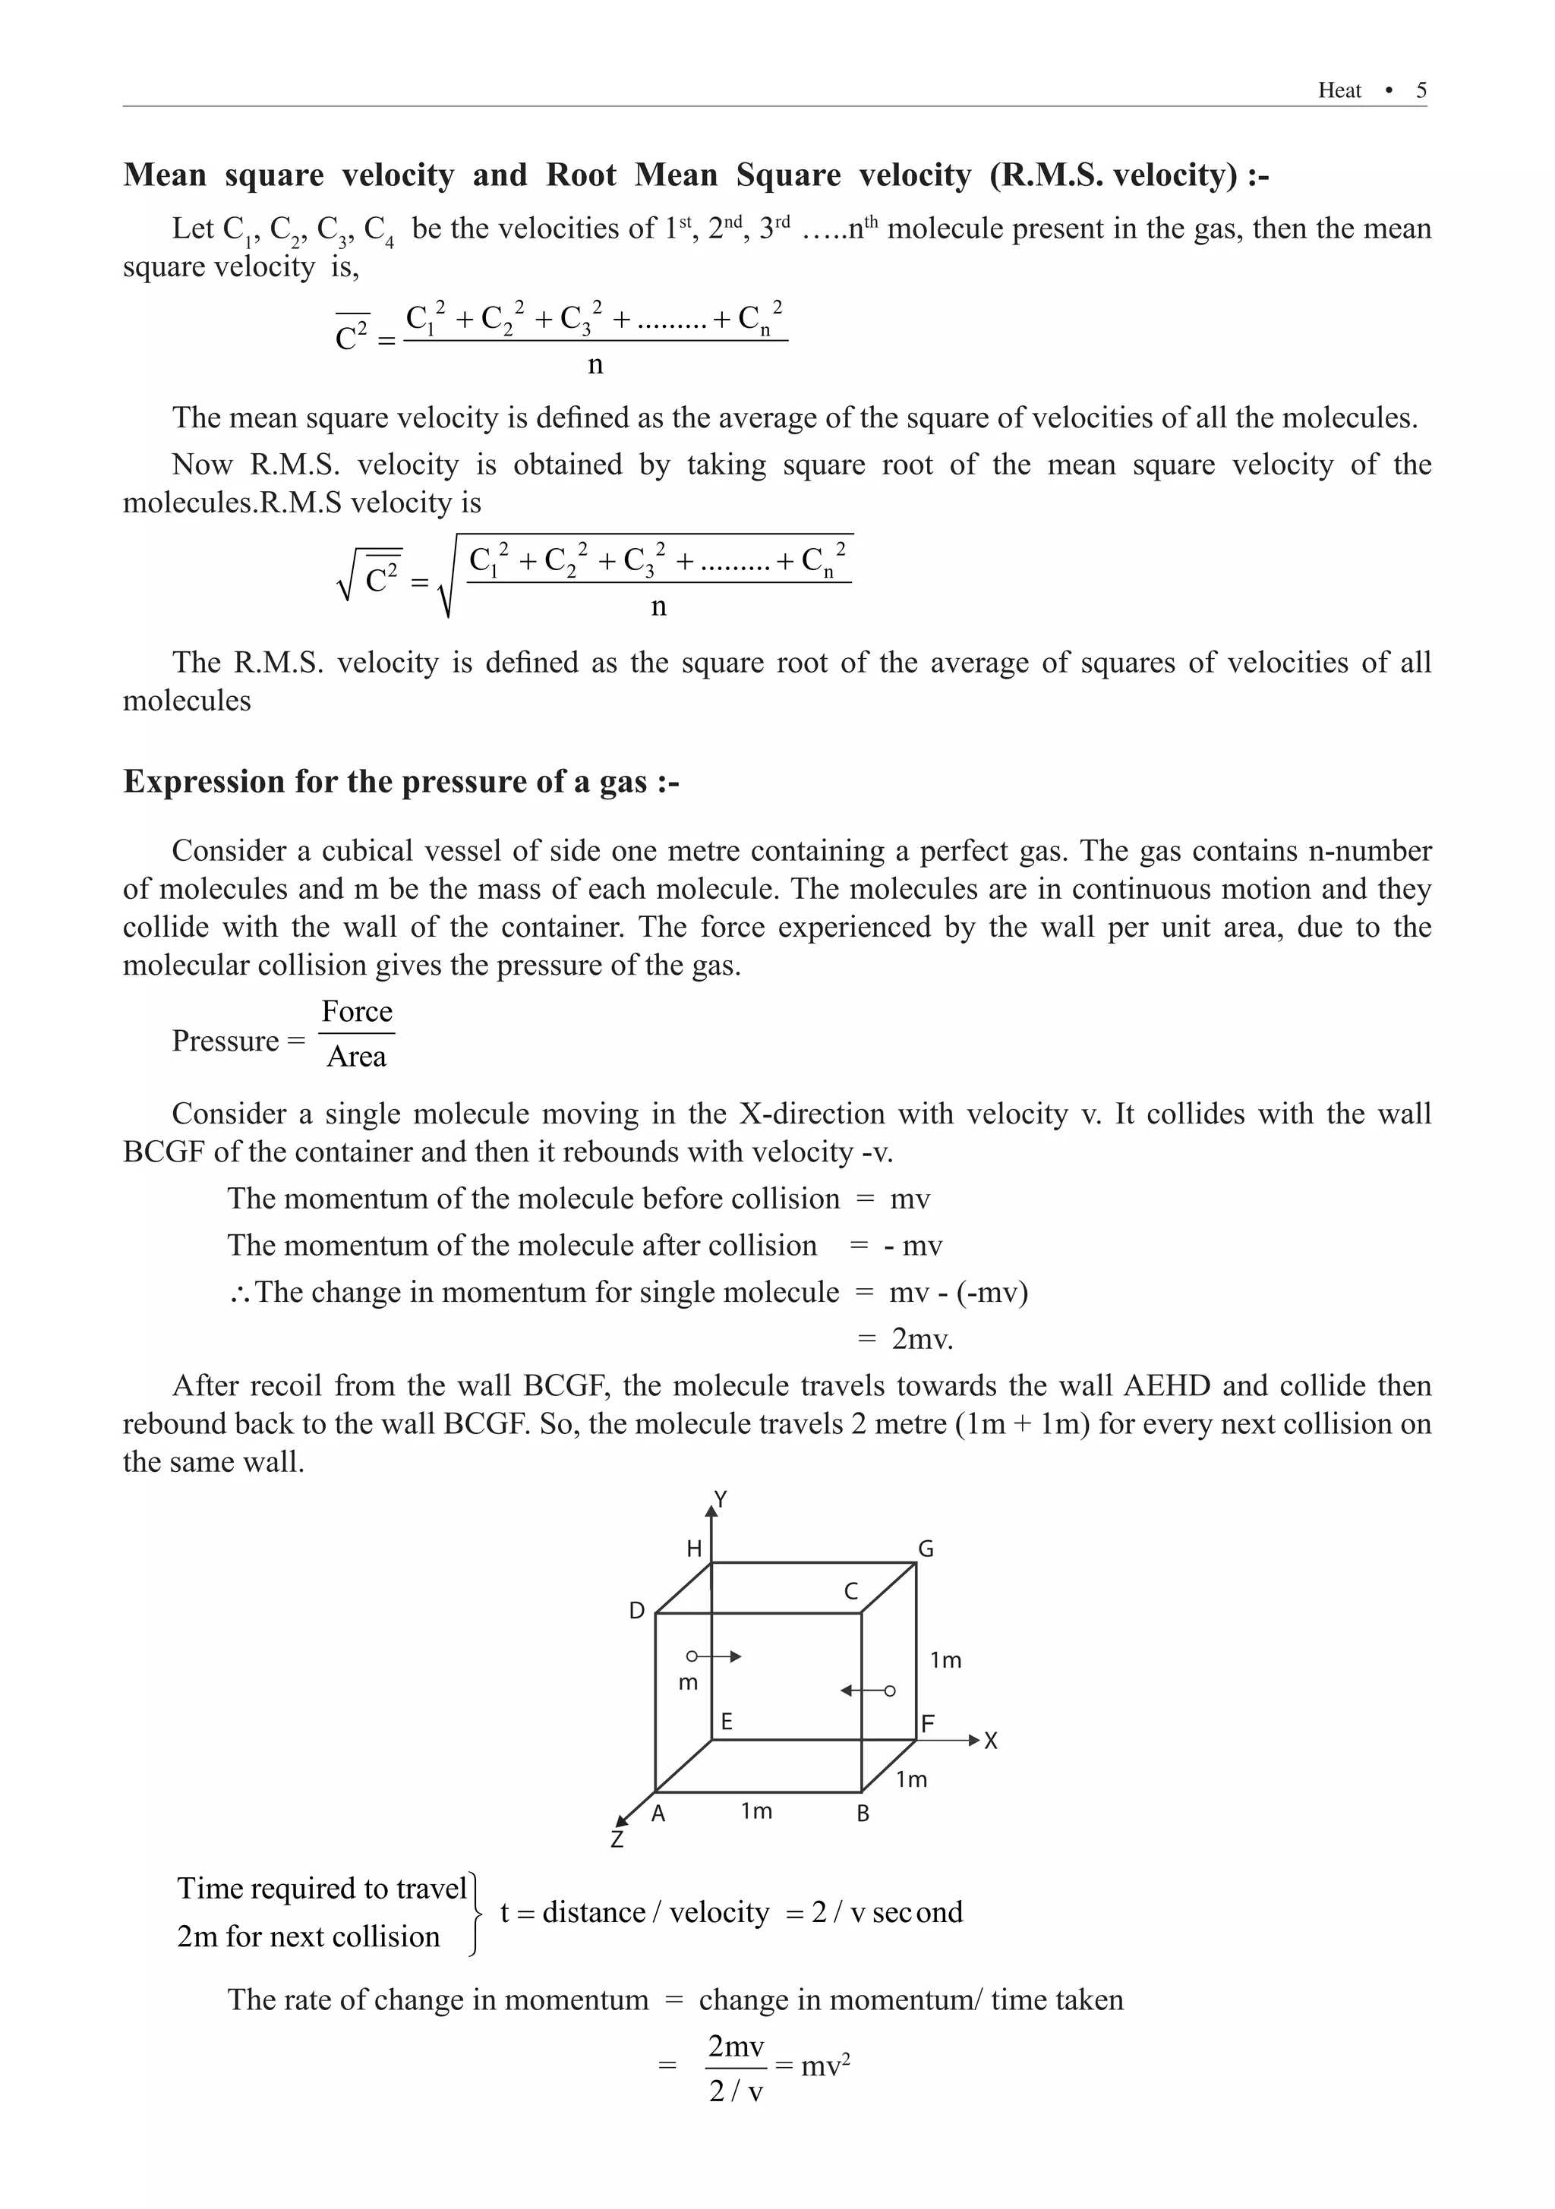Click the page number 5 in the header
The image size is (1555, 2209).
tap(1421, 90)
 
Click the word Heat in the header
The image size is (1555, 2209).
tap(1339, 90)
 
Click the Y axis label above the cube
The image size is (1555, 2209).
tap(720, 1499)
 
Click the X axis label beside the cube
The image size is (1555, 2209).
tap(991, 1741)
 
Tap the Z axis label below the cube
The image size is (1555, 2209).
tap(617, 1839)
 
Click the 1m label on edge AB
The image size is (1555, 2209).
tap(756, 1810)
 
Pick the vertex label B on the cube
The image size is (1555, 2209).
tap(863, 1814)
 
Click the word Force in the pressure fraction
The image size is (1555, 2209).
tap(357, 1011)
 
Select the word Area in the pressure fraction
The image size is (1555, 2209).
tap(356, 1057)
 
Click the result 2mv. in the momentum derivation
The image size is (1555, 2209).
tap(922, 1338)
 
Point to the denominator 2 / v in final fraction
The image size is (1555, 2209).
tap(736, 2091)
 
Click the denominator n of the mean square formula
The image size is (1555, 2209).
tap(595, 364)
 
